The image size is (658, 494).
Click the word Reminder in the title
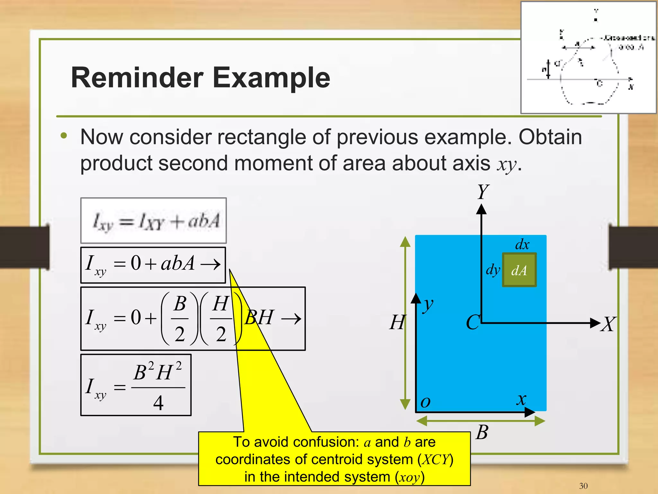137,78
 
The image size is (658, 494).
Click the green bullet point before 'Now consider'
64,136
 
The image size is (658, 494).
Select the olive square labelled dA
519,270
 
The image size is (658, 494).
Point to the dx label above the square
522,245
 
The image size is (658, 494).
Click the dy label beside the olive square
493,270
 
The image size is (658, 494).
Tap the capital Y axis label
483,192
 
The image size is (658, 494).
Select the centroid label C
473,322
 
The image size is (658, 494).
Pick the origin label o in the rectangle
425,402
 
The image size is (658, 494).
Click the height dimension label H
397,322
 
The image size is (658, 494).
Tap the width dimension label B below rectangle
482,432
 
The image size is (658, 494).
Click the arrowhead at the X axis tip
595,323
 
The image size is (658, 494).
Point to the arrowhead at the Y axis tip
481,210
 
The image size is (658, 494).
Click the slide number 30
583,486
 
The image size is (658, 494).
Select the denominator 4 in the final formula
158,403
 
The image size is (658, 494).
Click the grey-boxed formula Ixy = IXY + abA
154,221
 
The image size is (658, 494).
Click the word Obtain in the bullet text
550,137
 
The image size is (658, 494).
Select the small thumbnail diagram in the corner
588,58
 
